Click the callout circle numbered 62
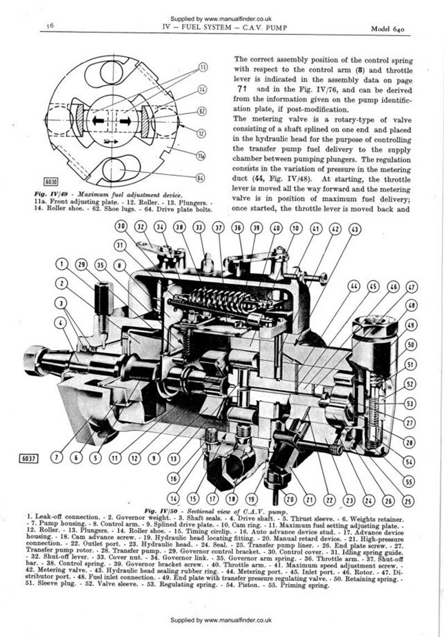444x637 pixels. point(202,112)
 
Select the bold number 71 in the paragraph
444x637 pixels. point(244,89)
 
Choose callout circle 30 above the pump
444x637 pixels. point(122,226)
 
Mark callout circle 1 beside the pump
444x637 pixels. point(63,264)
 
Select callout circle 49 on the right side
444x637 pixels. point(411,324)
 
